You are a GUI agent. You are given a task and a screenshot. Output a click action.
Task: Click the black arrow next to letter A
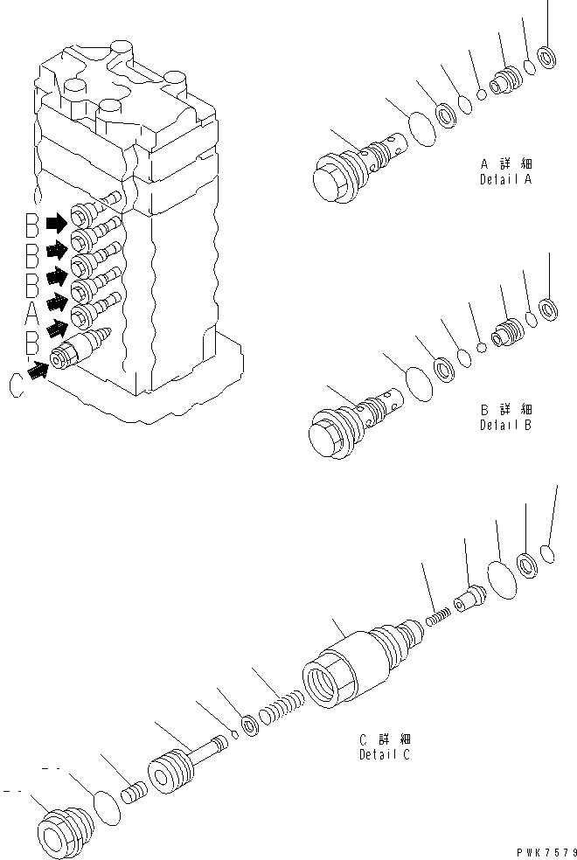[58, 302]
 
